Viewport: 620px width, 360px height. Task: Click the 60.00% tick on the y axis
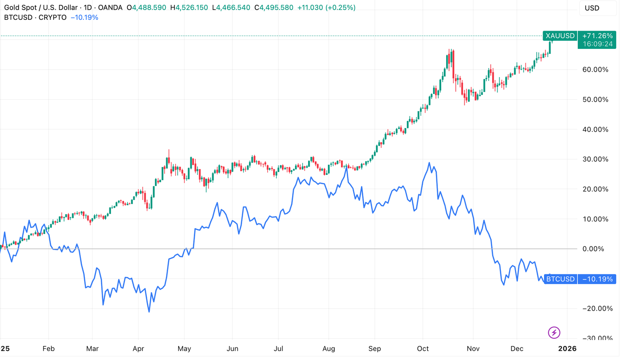click(x=595, y=69)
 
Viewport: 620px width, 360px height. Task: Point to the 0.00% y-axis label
click(x=597, y=249)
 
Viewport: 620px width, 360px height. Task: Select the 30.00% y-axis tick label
click(x=595, y=159)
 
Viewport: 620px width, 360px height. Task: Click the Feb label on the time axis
click(x=48, y=348)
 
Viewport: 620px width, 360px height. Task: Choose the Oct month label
click(x=423, y=348)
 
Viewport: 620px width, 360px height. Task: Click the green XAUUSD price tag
click(x=560, y=36)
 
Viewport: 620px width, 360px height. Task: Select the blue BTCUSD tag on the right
click(x=560, y=279)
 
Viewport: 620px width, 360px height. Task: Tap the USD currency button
click(x=592, y=8)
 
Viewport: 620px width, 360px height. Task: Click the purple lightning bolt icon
click(x=554, y=332)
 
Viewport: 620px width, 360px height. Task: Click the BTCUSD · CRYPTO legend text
click(x=35, y=17)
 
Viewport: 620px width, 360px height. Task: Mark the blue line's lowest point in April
click(x=149, y=312)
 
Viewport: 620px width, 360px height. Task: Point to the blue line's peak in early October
click(x=429, y=163)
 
